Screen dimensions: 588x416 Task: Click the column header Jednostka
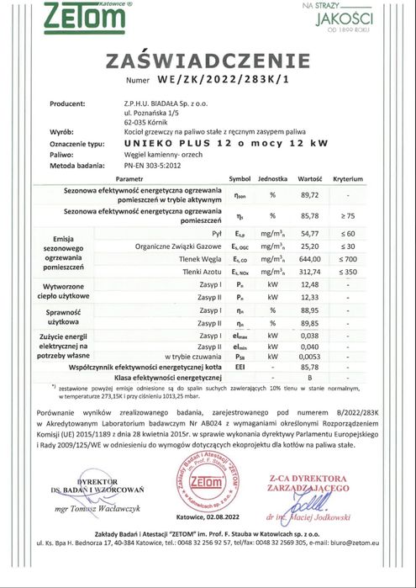273,179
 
